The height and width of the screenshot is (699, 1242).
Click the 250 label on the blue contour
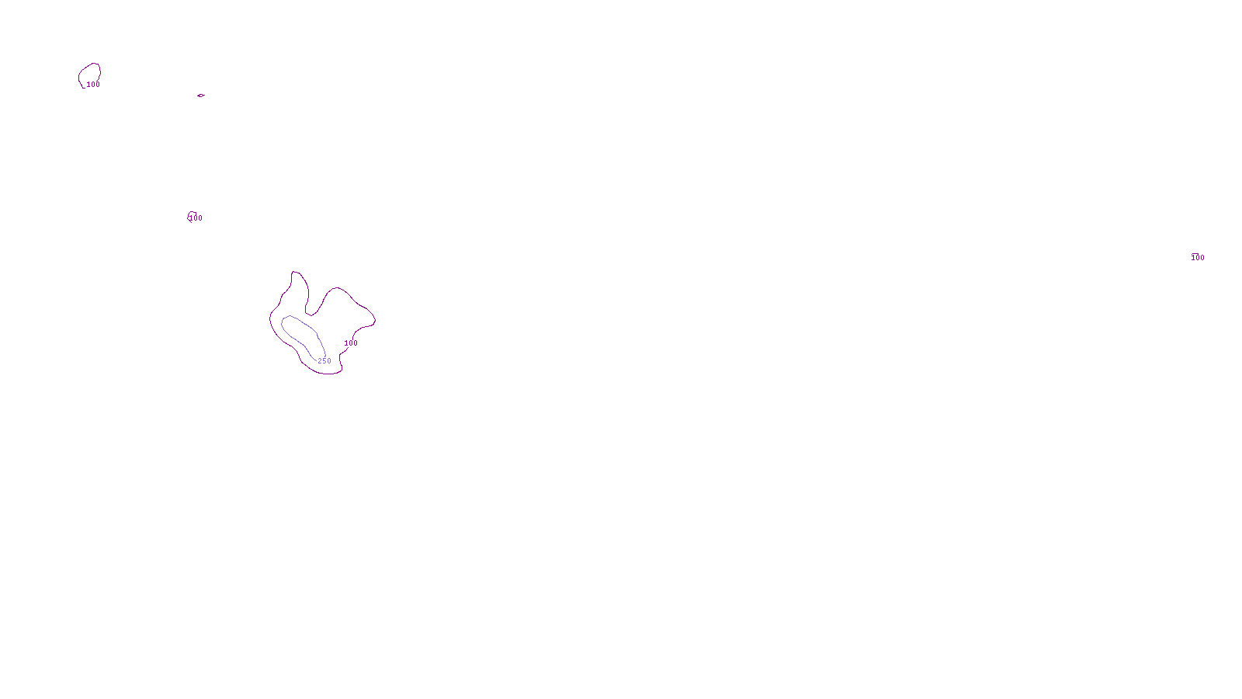324,361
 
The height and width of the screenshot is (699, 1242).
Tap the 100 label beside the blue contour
351,343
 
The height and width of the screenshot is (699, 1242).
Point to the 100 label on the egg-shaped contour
93,85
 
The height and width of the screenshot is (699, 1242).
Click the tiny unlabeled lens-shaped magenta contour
201,96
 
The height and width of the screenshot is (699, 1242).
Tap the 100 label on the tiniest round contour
196,218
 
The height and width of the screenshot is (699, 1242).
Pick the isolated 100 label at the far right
1198,258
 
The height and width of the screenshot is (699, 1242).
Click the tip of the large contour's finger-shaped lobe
295,273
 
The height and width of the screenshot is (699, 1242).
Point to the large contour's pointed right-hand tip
375,318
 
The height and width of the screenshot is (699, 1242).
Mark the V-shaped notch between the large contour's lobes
310,315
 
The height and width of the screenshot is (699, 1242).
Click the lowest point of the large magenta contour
326,374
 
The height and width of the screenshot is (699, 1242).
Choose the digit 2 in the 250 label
320,361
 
